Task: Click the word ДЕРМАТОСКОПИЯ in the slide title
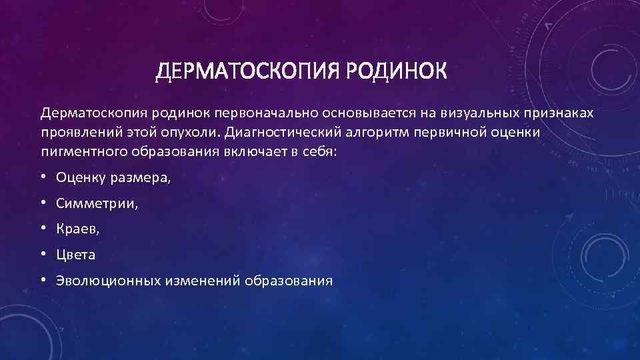(246, 71)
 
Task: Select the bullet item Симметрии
(97, 203)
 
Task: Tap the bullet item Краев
(78, 229)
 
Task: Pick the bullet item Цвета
(76, 255)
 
